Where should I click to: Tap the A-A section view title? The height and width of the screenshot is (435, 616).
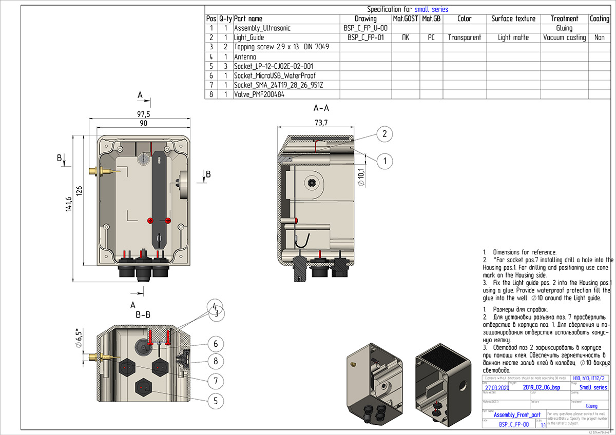pos(321,108)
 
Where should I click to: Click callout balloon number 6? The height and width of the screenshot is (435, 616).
pos(216,343)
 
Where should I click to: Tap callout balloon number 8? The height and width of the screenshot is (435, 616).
pos(216,361)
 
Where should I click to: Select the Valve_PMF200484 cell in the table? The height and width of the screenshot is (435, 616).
pos(259,95)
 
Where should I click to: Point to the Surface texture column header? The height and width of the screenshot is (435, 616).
pos(513,19)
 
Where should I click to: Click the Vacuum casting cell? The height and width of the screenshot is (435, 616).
pos(564,38)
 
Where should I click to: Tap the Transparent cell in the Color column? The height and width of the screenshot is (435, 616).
pos(464,38)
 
